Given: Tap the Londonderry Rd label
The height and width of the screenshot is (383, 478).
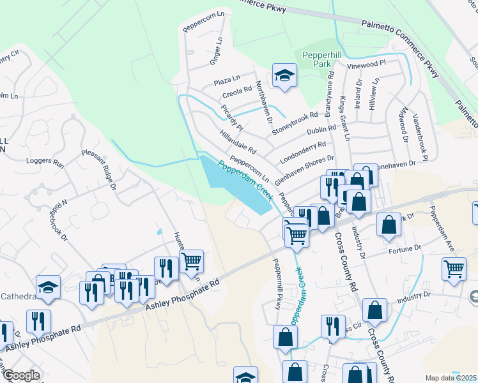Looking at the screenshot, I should coord(303,152).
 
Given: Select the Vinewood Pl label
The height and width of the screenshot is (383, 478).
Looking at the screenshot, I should coord(367,64).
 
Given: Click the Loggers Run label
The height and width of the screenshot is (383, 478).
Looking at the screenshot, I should coord(45,163).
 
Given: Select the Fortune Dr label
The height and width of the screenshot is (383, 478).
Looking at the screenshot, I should coord(406,248).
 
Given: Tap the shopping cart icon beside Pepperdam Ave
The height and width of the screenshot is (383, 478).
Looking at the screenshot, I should coord(453,269).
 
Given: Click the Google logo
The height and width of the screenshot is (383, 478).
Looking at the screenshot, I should coord(21,375).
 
